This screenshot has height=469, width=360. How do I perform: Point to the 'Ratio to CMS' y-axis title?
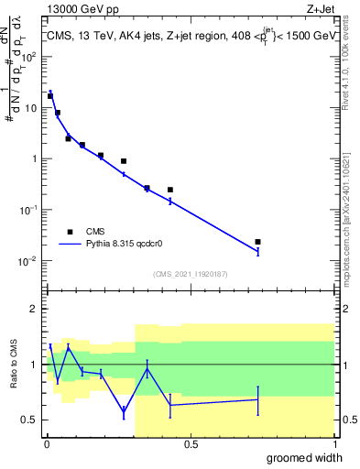point(14,365)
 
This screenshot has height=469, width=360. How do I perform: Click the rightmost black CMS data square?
point(258,242)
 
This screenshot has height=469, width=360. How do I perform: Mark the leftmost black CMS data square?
point(50,95)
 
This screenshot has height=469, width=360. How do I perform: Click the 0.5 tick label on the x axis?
point(191,443)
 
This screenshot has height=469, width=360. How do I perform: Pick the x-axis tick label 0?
point(47,443)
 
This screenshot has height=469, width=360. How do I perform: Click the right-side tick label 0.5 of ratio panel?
point(348,420)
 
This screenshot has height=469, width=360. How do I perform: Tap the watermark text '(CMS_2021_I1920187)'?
point(191,273)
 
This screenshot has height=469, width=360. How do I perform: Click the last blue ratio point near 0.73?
point(258,399)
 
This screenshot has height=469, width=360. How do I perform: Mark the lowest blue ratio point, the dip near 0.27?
point(124,412)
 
